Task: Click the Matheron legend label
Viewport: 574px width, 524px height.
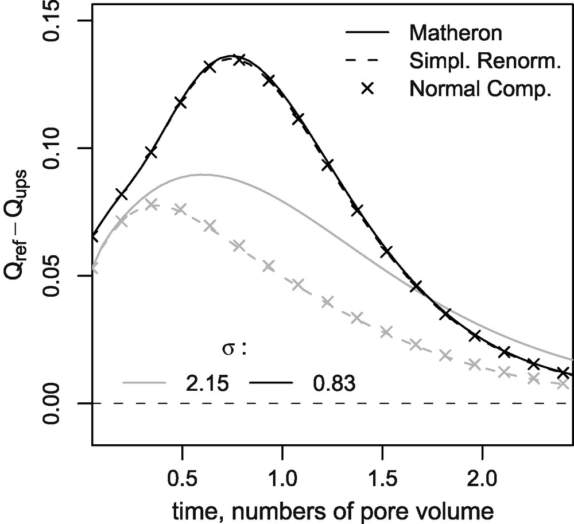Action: [456, 33]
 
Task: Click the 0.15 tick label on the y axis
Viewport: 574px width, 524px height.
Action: [55, 21]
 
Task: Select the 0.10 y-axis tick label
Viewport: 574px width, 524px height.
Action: [55, 149]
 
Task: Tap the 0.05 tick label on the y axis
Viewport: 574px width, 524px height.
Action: [55, 276]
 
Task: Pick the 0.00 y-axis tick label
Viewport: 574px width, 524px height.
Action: [55, 403]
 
